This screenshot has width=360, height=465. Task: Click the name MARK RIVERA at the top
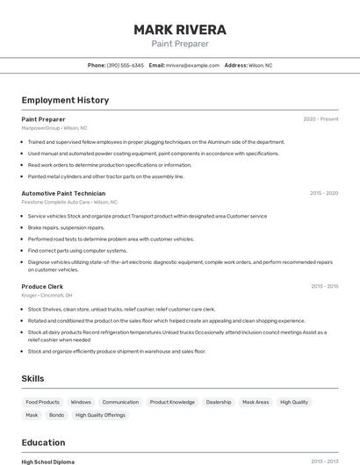coord(180,29)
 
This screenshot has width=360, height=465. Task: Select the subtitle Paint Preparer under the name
coord(180,44)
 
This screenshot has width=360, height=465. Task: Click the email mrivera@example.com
coord(192,65)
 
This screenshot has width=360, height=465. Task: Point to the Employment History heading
coord(65,100)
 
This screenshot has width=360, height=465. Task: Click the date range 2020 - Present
coord(320,118)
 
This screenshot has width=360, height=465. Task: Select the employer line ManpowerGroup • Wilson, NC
coord(54,128)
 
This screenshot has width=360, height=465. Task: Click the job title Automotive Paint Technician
coord(63,193)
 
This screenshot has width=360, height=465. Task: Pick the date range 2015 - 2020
coord(324,193)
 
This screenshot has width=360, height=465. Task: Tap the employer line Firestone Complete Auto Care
coord(69,202)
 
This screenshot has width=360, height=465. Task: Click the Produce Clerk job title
coord(42,286)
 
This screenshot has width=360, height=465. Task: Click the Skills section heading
coord(33,378)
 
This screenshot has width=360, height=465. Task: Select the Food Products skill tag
coord(42,402)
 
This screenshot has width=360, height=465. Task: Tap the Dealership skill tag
coord(219,402)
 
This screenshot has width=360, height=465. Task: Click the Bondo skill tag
coord(56,415)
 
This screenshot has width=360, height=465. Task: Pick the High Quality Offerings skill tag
coord(100,415)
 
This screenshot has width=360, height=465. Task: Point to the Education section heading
coord(43,442)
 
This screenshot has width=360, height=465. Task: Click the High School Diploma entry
coord(48,461)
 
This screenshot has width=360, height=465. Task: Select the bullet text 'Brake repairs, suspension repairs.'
coord(66,227)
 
